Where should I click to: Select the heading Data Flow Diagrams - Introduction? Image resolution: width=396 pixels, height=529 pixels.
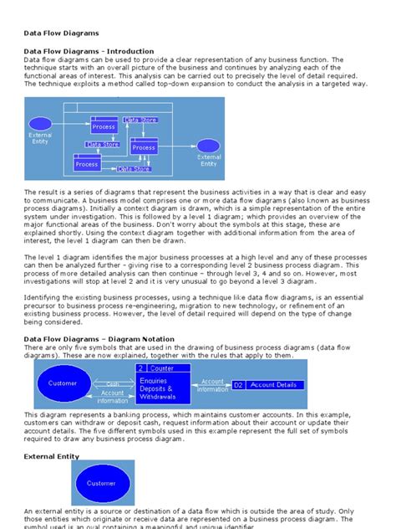(x=89, y=52)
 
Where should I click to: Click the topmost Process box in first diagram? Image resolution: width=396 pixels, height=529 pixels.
(x=104, y=126)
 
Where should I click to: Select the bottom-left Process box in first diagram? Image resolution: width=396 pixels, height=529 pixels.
(x=87, y=163)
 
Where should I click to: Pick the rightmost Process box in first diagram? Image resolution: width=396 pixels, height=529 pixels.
(x=144, y=147)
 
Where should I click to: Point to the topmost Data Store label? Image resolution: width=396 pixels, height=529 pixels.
(x=140, y=120)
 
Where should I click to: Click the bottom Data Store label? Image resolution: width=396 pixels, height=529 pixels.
(x=134, y=169)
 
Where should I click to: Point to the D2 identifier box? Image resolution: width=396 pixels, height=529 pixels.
(x=238, y=384)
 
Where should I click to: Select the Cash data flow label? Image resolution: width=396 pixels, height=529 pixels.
(x=113, y=383)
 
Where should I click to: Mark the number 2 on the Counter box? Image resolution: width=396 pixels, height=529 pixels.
(x=141, y=368)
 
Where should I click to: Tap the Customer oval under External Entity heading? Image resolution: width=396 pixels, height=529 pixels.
(x=101, y=483)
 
